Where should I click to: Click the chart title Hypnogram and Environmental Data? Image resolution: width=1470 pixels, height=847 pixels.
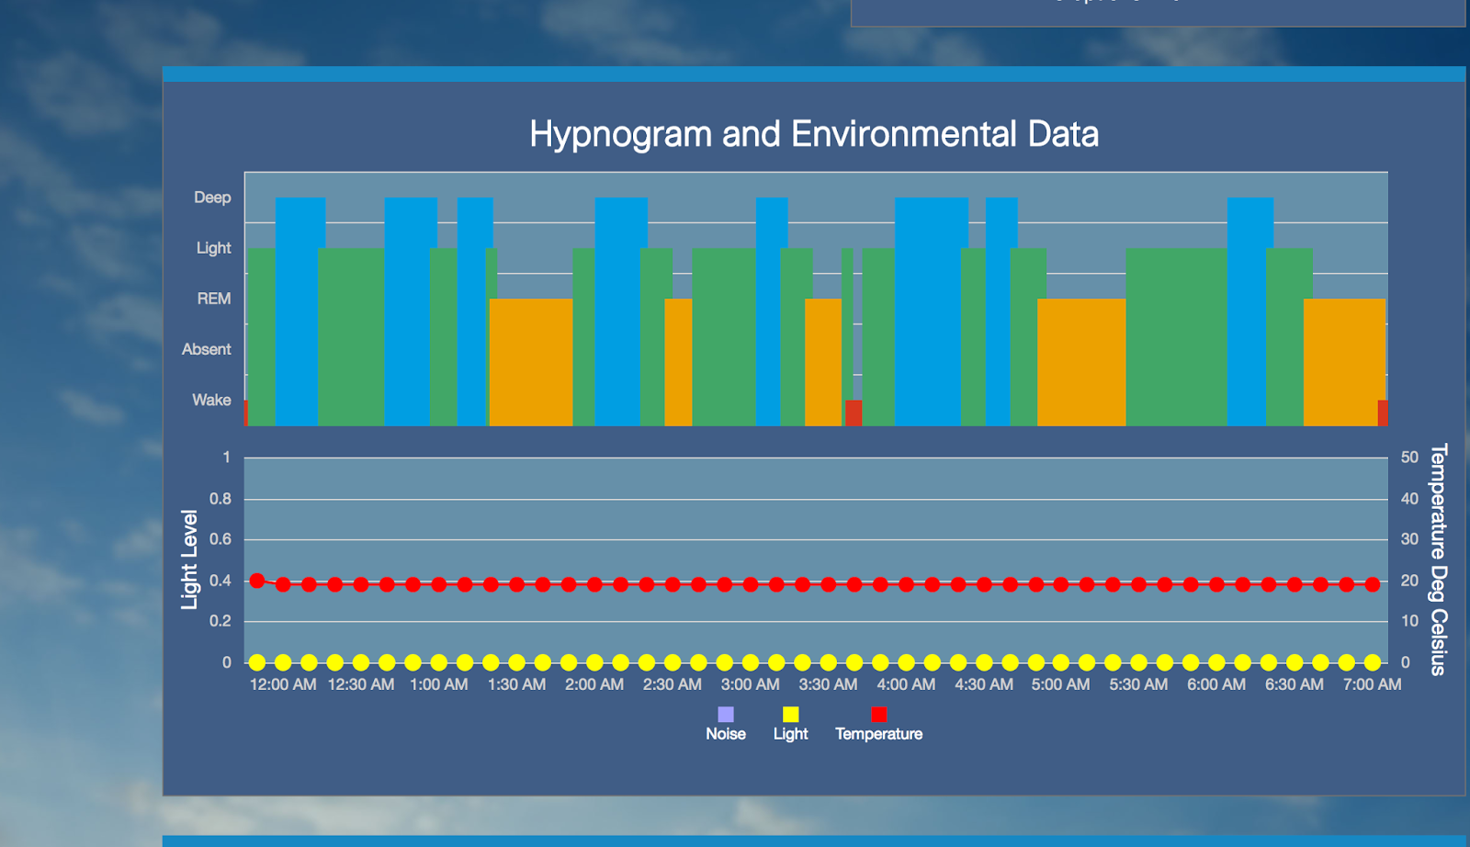[x=813, y=134]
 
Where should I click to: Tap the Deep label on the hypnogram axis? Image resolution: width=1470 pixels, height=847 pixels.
[x=212, y=198]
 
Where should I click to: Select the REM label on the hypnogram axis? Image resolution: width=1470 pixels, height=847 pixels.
[x=213, y=299]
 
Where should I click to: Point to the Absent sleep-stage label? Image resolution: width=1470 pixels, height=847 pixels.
[x=206, y=349]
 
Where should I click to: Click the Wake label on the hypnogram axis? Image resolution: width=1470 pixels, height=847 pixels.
[x=211, y=400]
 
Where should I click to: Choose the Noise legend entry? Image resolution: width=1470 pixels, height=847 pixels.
[x=726, y=725]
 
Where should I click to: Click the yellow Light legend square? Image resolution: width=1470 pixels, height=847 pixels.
[x=790, y=715]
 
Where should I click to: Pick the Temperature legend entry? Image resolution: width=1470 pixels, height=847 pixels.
[x=878, y=725]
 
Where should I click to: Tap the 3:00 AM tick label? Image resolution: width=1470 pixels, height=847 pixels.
[x=750, y=684]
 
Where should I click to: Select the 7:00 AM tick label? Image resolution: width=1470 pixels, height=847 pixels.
[x=1372, y=684]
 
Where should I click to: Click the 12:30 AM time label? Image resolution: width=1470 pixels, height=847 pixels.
[x=361, y=684]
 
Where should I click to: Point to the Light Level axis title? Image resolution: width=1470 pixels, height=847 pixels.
[x=189, y=559]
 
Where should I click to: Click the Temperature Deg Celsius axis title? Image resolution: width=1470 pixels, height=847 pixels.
[x=1439, y=559]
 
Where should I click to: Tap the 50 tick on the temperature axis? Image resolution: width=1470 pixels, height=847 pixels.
[x=1409, y=457]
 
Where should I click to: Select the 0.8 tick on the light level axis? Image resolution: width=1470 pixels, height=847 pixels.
[x=220, y=499]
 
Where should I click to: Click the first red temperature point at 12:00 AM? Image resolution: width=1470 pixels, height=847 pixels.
[x=257, y=581]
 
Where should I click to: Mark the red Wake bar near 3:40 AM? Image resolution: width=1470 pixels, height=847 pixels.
[x=854, y=412]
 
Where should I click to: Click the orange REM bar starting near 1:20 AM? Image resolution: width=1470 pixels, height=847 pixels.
[x=531, y=362]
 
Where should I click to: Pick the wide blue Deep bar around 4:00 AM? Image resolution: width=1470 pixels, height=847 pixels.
[x=932, y=311]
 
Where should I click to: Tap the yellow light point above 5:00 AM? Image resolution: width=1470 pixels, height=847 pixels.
[x=1061, y=662]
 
